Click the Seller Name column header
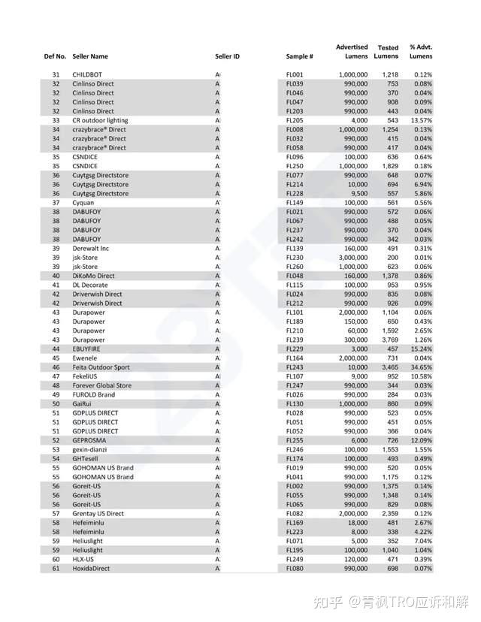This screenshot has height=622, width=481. coord(90,56)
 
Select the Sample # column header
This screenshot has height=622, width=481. coord(299,56)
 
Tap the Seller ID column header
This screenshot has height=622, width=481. coord(227,56)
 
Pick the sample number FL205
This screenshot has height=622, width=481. coord(295,120)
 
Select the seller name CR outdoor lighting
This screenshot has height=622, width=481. coord(100,120)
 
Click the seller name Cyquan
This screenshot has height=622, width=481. coord(83,203)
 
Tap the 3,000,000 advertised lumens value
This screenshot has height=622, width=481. coord(352,258)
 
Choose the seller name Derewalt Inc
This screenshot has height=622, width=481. coord(91,249)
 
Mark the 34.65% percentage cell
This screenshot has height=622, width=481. coord(421,367)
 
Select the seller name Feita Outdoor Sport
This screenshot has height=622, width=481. coord(101,367)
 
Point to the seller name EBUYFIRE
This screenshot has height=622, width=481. coord(89,349)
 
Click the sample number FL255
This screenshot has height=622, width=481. coord(295,441)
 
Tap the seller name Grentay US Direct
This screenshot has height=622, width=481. coord(98,514)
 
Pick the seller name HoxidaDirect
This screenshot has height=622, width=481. coord(91,569)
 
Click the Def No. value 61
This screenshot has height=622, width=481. coord(56,569)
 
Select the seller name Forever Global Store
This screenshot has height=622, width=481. coord(101,386)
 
